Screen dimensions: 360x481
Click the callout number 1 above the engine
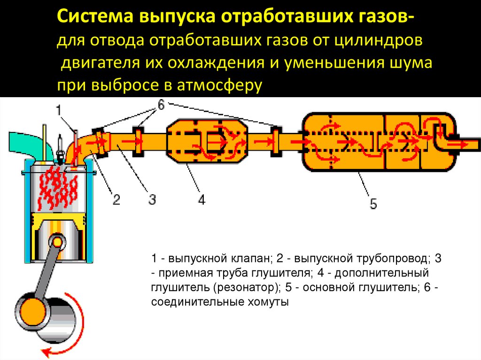pyautogui.click(x=59, y=111)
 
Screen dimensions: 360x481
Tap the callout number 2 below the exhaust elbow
pyautogui.click(x=116, y=200)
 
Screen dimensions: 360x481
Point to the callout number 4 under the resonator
pyautogui.click(x=201, y=200)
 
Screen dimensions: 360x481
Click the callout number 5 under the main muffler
pyautogui.click(x=372, y=204)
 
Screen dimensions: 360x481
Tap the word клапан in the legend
pyautogui.click(x=252, y=259)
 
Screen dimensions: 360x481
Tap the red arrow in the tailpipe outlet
pyautogui.click(x=460, y=144)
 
